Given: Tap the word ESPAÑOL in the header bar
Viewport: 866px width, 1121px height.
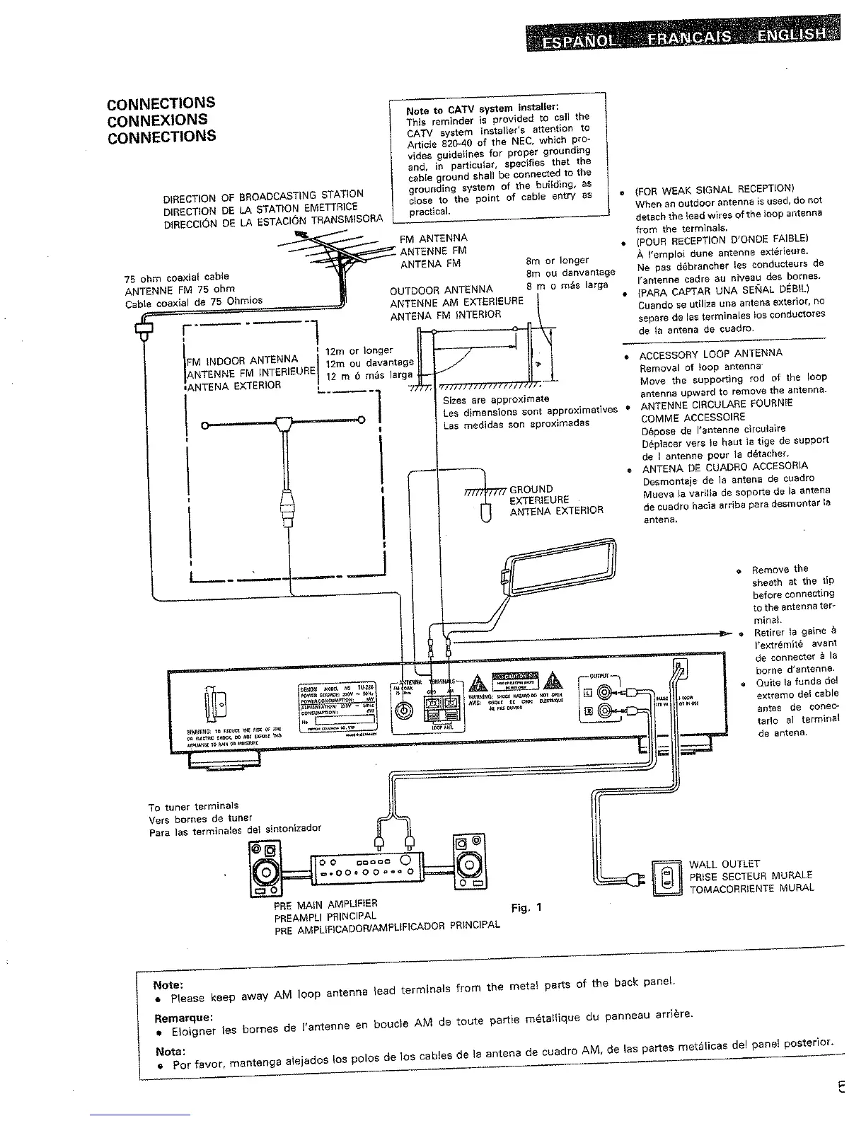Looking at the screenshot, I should [x=577, y=40].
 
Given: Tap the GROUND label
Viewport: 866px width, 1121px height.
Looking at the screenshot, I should [x=531, y=489].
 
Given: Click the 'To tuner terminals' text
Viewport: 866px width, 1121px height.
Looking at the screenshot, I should [x=194, y=806].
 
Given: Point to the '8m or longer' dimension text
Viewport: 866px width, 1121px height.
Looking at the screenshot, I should [x=558, y=260].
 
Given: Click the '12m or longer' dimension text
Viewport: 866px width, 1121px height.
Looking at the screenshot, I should [x=359, y=350].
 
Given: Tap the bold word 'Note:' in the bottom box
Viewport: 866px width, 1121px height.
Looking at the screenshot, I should [x=168, y=984].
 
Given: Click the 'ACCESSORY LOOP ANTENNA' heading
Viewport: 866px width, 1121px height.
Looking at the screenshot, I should [x=710, y=354].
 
